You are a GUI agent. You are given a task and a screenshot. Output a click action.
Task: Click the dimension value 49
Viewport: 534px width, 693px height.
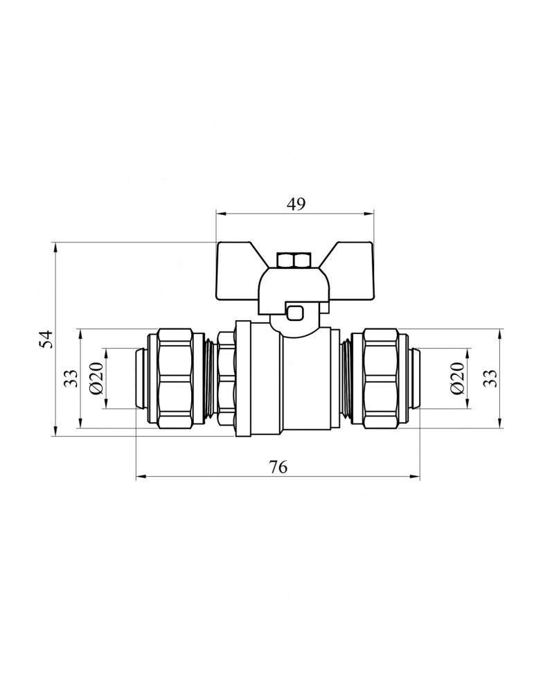tap(296, 204)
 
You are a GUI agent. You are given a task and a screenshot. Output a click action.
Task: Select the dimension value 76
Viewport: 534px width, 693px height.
tap(278, 466)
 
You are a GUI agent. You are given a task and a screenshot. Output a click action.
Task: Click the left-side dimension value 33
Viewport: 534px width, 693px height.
tap(71, 378)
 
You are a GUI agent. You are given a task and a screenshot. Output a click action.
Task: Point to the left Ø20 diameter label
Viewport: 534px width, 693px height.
tap(96, 378)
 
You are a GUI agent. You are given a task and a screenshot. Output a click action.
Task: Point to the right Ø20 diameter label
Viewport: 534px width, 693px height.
tap(457, 378)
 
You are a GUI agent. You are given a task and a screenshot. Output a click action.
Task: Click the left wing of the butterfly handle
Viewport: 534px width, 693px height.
tap(238, 270)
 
